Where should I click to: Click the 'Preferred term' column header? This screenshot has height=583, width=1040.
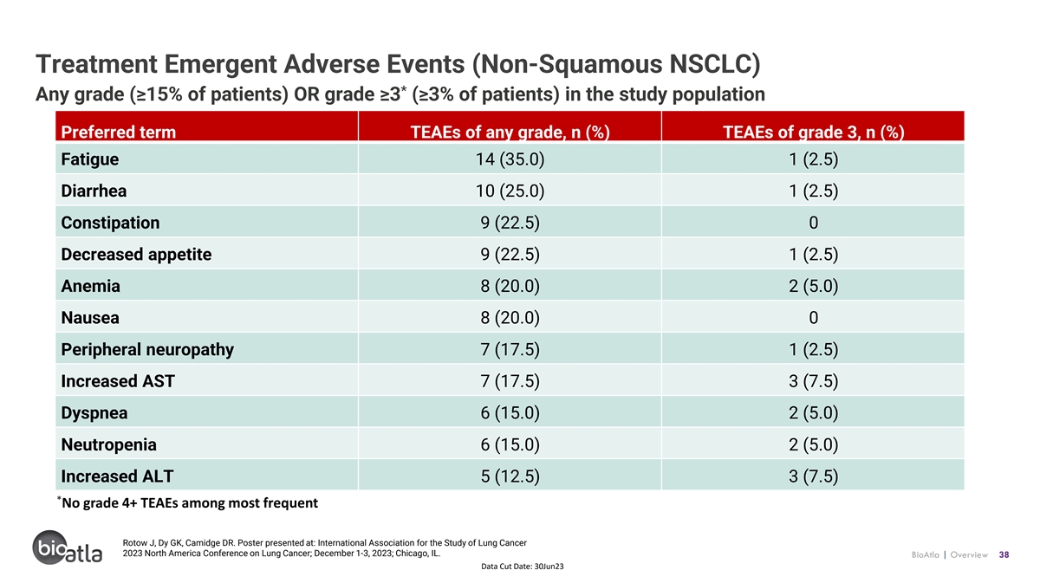click(x=119, y=133)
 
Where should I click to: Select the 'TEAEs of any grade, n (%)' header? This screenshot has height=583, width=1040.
click(x=510, y=133)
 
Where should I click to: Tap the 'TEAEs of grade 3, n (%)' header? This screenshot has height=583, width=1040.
click(x=814, y=133)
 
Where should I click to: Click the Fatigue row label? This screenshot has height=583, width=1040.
click(x=89, y=159)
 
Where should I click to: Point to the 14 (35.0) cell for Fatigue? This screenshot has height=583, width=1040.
click(x=510, y=159)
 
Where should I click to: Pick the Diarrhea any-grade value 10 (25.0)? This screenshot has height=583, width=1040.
click(x=510, y=191)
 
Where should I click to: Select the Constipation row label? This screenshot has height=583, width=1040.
click(x=110, y=223)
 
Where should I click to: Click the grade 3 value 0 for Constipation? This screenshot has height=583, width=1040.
click(x=814, y=223)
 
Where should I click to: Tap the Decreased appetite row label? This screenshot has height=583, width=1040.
click(x=136, y=255)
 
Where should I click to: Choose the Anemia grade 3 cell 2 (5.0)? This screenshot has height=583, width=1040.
click(x=814, y=286)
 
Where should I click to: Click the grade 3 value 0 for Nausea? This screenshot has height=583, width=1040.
click(x=814, y=318)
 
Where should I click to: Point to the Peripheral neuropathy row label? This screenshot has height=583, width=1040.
click(x=147, y=349)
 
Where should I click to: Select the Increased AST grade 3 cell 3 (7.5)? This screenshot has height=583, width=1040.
click(x=814, y=381)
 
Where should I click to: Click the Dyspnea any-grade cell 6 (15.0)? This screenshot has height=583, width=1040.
click(x=510, y=412)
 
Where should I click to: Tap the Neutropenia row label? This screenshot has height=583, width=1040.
click(x=108, y=444)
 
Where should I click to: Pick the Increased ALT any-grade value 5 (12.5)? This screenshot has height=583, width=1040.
click(x=510, y=476)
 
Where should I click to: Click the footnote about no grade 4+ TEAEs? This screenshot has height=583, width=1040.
click(x=187, y=502)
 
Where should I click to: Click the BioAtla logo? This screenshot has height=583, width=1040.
click(x=68, y=548)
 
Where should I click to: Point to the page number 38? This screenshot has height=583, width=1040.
click(x=1004, y=554)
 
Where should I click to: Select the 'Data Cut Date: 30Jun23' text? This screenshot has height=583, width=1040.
click(x=523, y=567)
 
